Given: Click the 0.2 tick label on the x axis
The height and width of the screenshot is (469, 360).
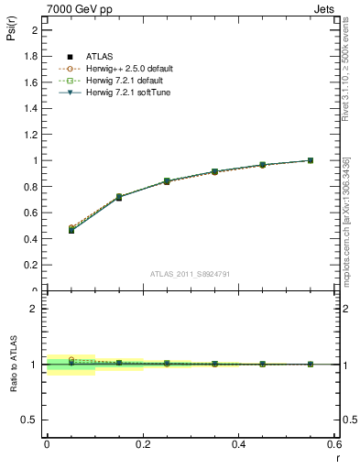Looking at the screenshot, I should [143, 444].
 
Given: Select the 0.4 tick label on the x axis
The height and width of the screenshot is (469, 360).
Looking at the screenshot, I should [239, 444].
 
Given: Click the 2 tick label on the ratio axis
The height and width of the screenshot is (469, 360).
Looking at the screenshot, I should [35, 309].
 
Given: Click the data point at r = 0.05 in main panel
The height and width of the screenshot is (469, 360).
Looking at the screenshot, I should [71, 230].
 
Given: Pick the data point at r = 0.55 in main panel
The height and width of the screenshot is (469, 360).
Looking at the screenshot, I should [310, 160].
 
